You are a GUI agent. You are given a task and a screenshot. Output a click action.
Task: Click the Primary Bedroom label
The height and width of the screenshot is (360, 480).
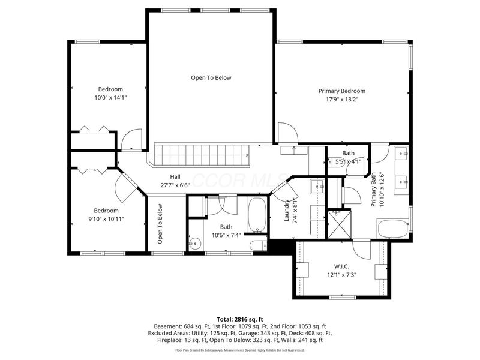coord(341,91)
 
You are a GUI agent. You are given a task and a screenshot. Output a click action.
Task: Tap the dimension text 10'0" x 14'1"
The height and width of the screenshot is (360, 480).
coord(110,97)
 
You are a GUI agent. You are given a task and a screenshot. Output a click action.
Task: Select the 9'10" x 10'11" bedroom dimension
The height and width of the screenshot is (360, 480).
coord(106,219)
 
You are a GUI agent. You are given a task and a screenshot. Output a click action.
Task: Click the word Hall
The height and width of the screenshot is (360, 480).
coord(175,177)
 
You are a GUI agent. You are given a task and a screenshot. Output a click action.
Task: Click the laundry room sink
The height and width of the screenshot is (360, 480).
coord(317,187)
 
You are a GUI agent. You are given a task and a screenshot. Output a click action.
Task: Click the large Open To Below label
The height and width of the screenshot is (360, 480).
coord(211,77)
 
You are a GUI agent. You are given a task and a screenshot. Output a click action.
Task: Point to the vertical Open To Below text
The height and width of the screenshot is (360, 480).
coord(160,224)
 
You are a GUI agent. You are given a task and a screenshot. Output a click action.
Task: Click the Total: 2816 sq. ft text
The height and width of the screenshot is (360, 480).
coord(240,319)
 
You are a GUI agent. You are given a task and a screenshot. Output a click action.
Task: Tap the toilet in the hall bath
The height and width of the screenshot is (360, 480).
coord(259,245)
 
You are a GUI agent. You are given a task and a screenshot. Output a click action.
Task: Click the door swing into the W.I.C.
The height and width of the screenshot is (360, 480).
coord(362,247)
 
